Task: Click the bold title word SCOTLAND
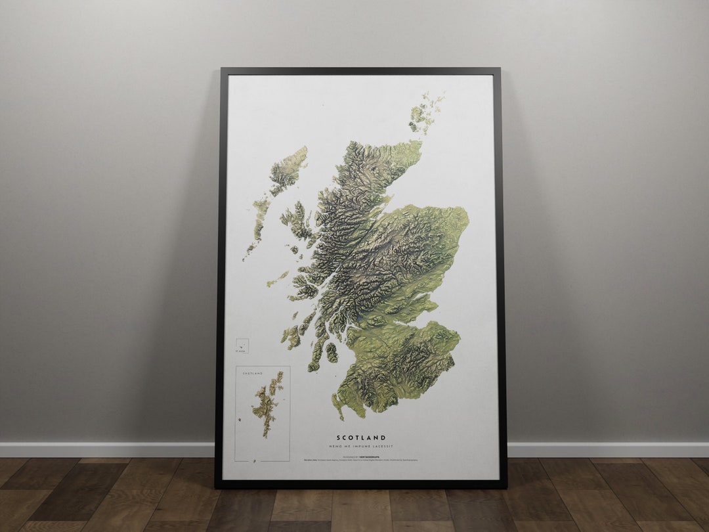[x=361, y=437]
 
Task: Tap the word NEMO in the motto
[x=343, y=447]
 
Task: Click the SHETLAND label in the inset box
[x=253, y=373]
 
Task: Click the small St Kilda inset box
[x=242, y=345]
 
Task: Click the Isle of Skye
[x=297, y=221]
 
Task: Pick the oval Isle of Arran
[x=332, y=353]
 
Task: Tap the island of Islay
[x=291, y=337]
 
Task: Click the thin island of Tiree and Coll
[x=277, y=279]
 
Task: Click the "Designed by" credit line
[x=361, y=454]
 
